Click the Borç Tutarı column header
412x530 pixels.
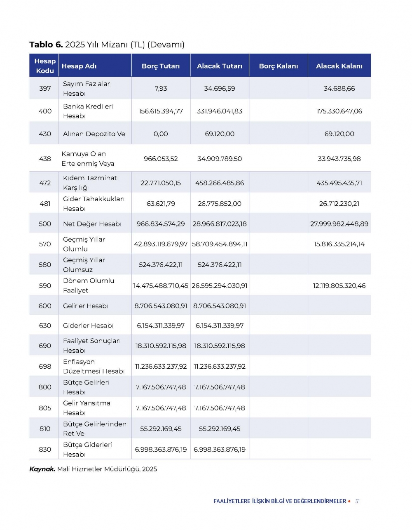point(161,66)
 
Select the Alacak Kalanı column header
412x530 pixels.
point(339,66)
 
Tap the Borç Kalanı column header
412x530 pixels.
point(278,66)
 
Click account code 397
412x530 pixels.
point(45,89)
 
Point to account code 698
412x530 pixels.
point(45,366)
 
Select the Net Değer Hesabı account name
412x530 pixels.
point(92,224)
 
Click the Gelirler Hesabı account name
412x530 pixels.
point(85,306)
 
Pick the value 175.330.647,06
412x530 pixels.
point(339,111)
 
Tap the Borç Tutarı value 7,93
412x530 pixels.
point(161,89)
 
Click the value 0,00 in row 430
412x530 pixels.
point(161,134)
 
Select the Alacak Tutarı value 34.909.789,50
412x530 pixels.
point(220,159)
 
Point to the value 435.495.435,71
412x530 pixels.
point(339,183)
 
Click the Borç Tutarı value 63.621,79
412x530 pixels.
point(161,203)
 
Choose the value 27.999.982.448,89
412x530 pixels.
point(339,224)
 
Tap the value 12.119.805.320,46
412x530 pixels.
point(339,285)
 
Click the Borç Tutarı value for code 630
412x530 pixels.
point(161,326)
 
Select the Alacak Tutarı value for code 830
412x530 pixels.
point(220,450)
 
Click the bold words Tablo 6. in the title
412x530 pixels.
point(46,45)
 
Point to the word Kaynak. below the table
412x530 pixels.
point(42,469)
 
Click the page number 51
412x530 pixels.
point(358,501)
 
